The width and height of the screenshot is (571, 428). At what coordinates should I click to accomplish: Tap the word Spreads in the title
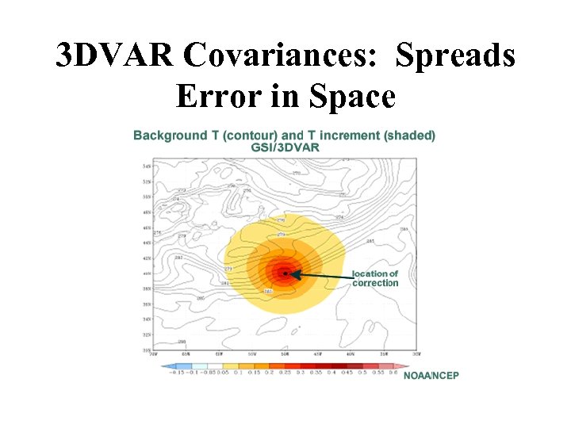[x=455, y=56]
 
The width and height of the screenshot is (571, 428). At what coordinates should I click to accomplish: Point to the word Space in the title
[x=351, y=96]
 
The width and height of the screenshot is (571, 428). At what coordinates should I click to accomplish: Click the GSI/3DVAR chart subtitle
[x=285, y=148]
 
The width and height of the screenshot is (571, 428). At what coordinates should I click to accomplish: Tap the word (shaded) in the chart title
[x=409, y=136]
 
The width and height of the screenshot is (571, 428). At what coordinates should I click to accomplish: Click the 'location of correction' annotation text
[x=375, y=278]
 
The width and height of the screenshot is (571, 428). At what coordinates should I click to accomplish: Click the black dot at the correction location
[x=285, y=273]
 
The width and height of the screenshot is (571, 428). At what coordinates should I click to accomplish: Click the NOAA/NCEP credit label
[x=431, y=374]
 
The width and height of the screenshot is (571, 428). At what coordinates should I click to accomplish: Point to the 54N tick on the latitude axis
[x=147, y=166]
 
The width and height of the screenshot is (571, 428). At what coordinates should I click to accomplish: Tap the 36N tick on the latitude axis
[x=147, y=304]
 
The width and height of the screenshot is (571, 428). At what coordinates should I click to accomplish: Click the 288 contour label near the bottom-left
[x=182, y=342]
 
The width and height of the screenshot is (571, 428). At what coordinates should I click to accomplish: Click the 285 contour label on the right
[x=370, y=242]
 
